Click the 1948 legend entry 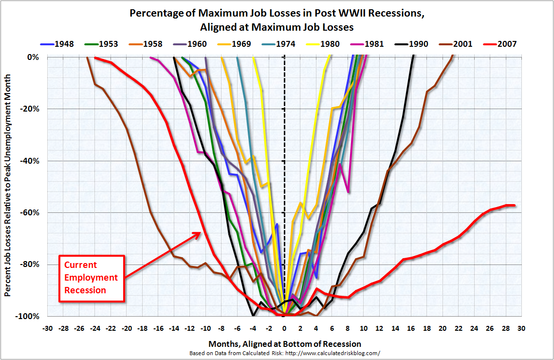[x=57, y=44]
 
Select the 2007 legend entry [x=499, y=44]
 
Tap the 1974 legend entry [x=278, y=44]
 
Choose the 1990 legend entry [x=411, y=44]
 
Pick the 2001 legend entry [x=456, y=44]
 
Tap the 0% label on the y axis [x=34, y=57]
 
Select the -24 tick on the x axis [x=95, y=328]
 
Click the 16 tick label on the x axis [x=411, y=328]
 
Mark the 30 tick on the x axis [x=521, y=328]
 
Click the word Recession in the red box [x=85, y=290]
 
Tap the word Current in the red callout [x=80, y=265]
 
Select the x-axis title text [x=285, y=344]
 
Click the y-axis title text [x=8, y=186]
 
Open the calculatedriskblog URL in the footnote [x=332, y=353]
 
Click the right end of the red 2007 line [x=515, y=205]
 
